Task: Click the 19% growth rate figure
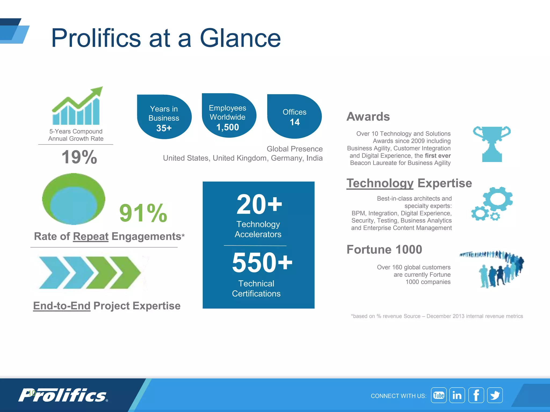[x=79, y=157]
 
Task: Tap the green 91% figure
[x=143, y=213]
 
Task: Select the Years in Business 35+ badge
[x=164, y=117]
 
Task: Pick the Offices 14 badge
[x=295, y=117]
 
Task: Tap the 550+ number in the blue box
[x=262, y=263]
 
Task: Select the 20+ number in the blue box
[x=259, y=205]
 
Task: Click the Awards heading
[x=368, y=117]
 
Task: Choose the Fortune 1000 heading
[x=384, y=249]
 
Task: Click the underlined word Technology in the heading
[x=380, y=183]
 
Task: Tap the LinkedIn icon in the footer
[x=457, y=395]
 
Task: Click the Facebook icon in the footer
[x=476, y=395]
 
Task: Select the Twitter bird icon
[x=495, y=395]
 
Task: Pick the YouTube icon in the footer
[x=439, y=395]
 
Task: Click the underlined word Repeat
[x=91, y=237]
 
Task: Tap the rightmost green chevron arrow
[x=126, y=273]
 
